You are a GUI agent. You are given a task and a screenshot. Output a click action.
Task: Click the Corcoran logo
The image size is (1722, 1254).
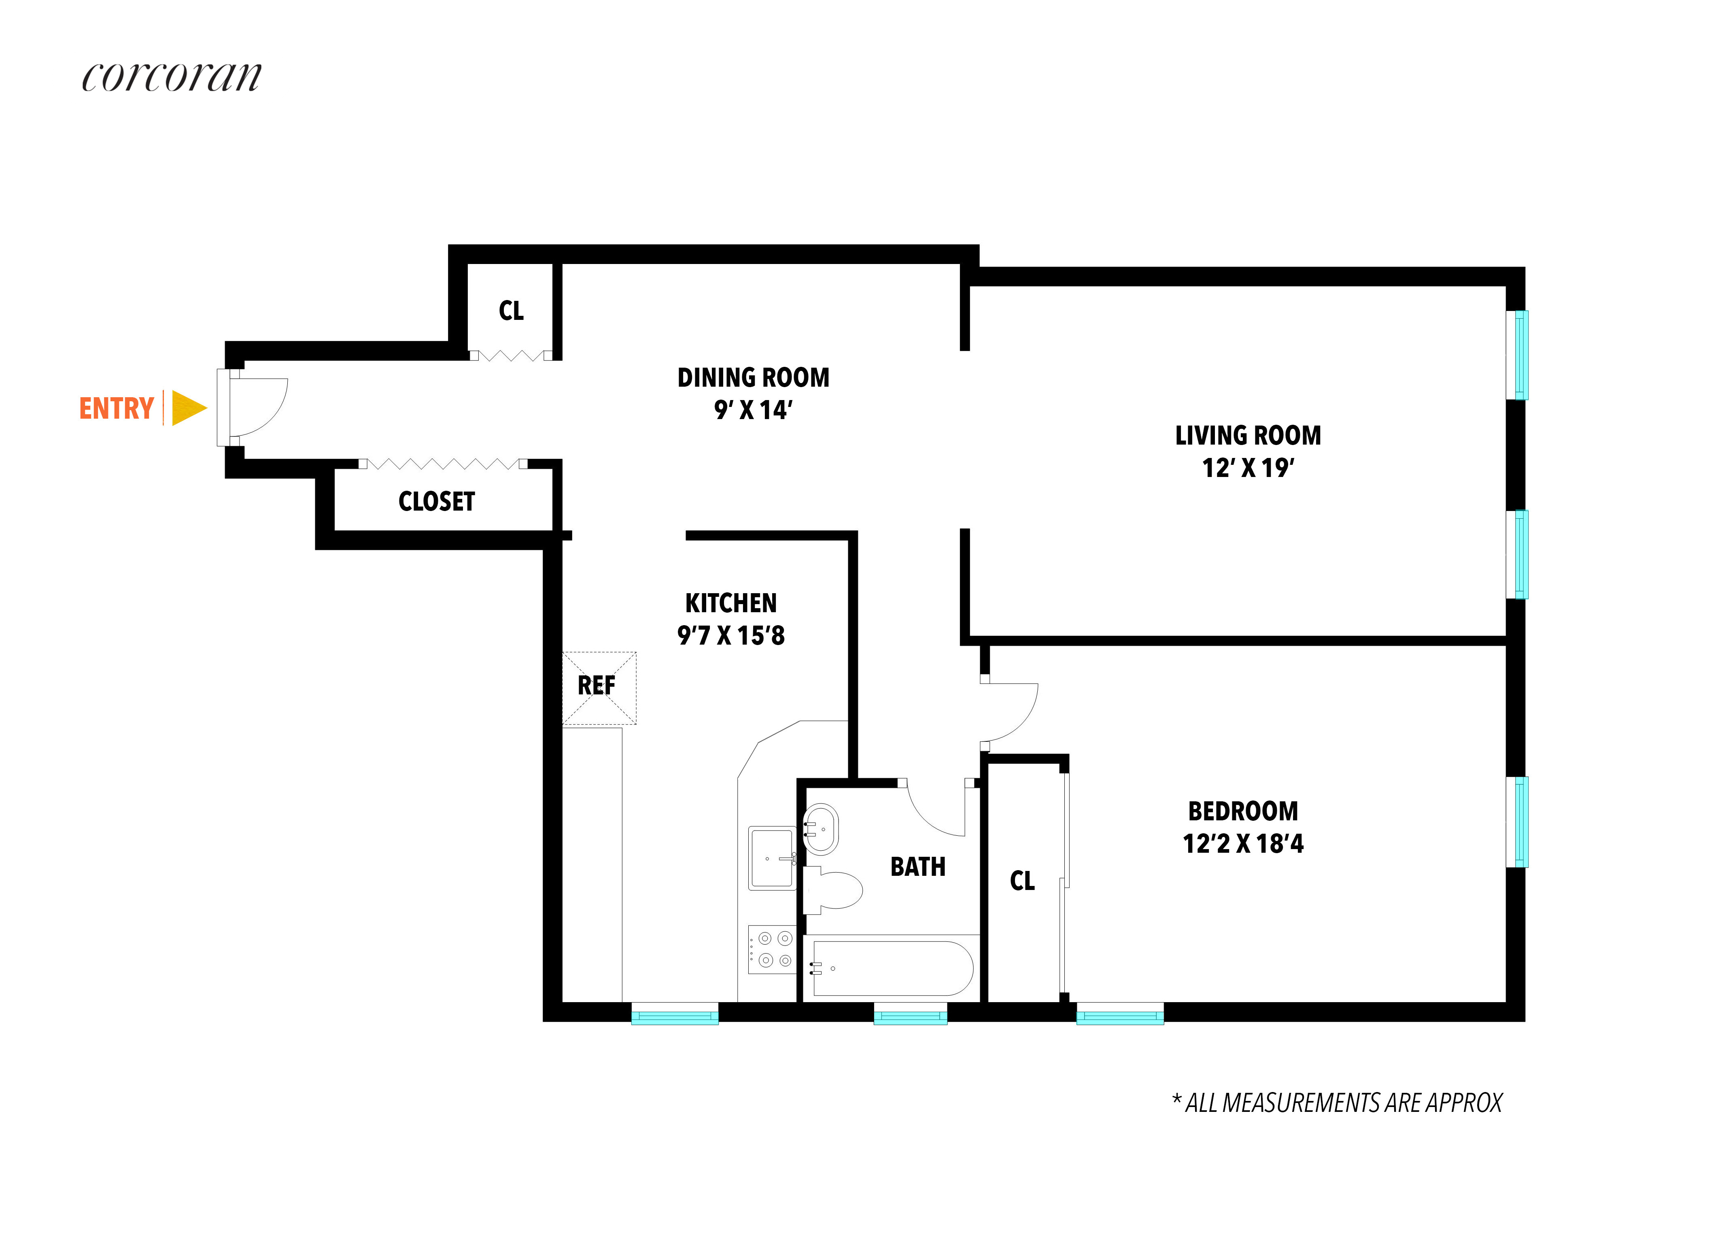click(172, 77)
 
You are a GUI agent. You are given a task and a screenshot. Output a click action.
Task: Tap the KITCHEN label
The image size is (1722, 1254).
click(730, 603)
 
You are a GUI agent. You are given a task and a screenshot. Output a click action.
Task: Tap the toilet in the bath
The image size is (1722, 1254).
click(835, 890)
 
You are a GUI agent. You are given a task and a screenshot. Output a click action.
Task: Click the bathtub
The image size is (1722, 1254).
click(892, 969)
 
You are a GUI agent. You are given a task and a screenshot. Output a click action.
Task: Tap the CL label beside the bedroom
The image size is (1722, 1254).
click(1022, 880)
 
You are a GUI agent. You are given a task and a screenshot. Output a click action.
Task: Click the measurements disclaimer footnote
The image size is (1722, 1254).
click(1336, 1103)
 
